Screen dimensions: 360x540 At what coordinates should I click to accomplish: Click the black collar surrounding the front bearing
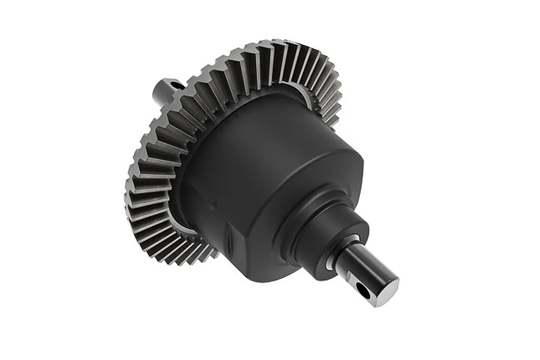[x=324, y=240]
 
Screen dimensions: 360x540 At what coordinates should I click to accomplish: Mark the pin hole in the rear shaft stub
[x=176, y=86]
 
